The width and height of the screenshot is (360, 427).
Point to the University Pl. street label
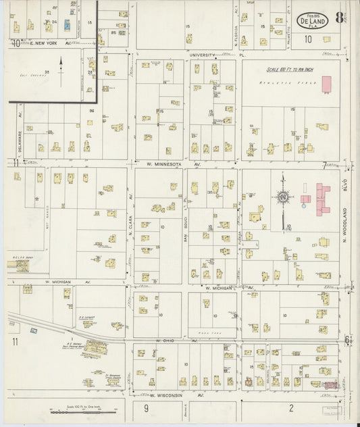215,54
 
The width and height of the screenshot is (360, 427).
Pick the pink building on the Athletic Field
326,84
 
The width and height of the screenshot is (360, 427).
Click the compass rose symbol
282,197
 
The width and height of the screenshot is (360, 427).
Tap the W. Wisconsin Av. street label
175,395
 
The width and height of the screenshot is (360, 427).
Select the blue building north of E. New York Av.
67,25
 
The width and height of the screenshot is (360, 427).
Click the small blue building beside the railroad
33,330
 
